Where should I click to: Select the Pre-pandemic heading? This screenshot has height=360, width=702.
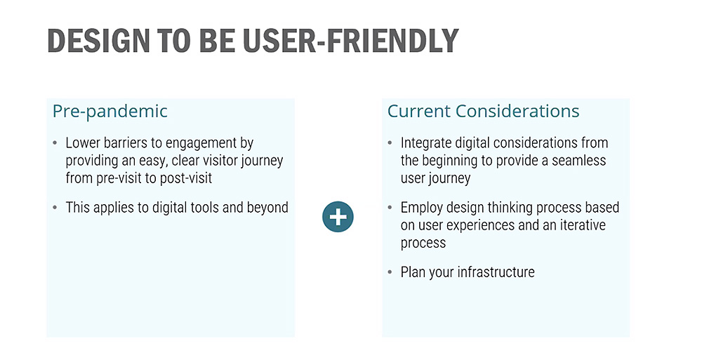110,111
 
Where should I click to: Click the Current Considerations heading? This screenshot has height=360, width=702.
483,111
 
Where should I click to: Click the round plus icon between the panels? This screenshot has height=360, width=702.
338,217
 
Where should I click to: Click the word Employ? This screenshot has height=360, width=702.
422,208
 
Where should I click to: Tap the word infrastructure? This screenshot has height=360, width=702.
496,272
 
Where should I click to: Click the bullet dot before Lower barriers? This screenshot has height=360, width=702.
55,143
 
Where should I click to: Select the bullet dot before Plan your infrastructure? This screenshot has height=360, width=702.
390,272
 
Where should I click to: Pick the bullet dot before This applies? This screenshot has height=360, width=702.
55,208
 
